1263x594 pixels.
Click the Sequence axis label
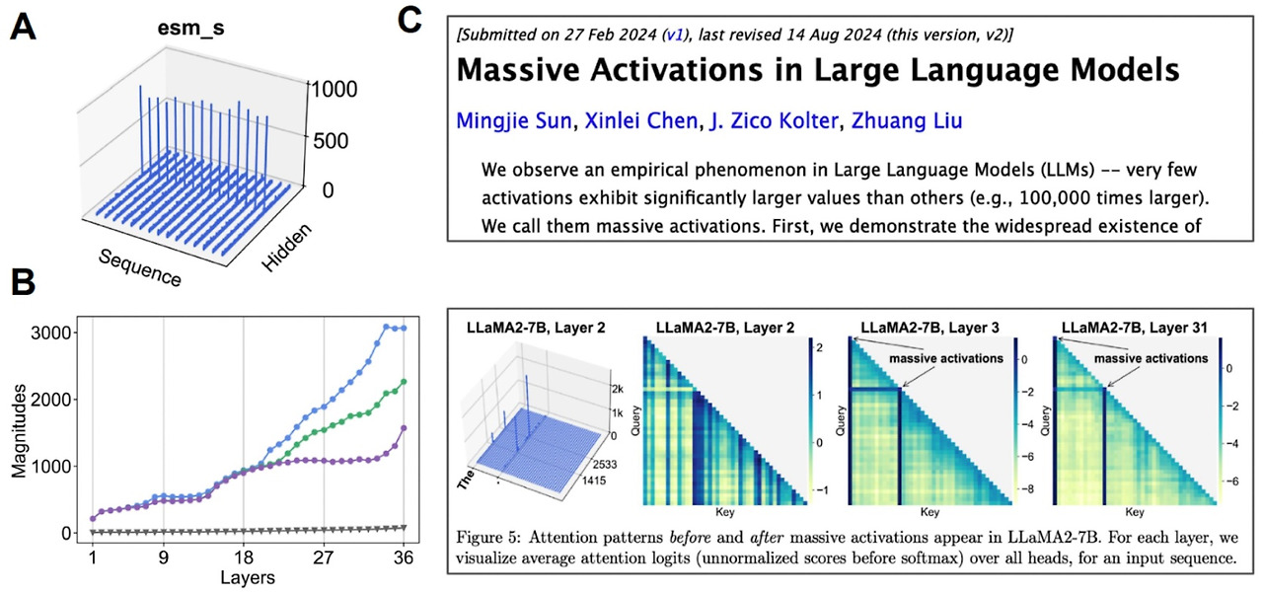click(140, 264)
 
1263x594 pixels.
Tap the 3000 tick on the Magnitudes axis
click(49, 333)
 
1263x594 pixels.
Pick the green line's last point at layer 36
click(405, 382)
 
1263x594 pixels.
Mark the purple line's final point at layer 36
click(405, 428)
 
